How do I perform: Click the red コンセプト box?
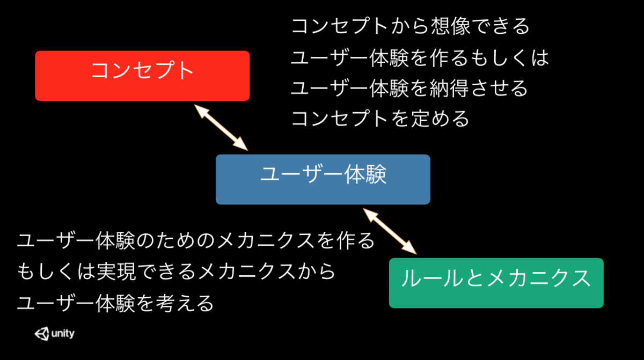142,76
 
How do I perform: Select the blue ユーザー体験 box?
323,179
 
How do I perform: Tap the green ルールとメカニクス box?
496,283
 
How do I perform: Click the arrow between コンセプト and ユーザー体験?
221,127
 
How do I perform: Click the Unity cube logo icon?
41,334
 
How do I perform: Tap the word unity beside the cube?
63,334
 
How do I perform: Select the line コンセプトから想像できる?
411,26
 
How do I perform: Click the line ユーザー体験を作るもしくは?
420,57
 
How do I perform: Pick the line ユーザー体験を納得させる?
409,87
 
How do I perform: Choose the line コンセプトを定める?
380,118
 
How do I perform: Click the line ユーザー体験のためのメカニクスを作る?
196,240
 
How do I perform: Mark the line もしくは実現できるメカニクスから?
176,271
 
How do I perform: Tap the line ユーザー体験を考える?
115,303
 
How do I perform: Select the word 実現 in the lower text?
115,271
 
